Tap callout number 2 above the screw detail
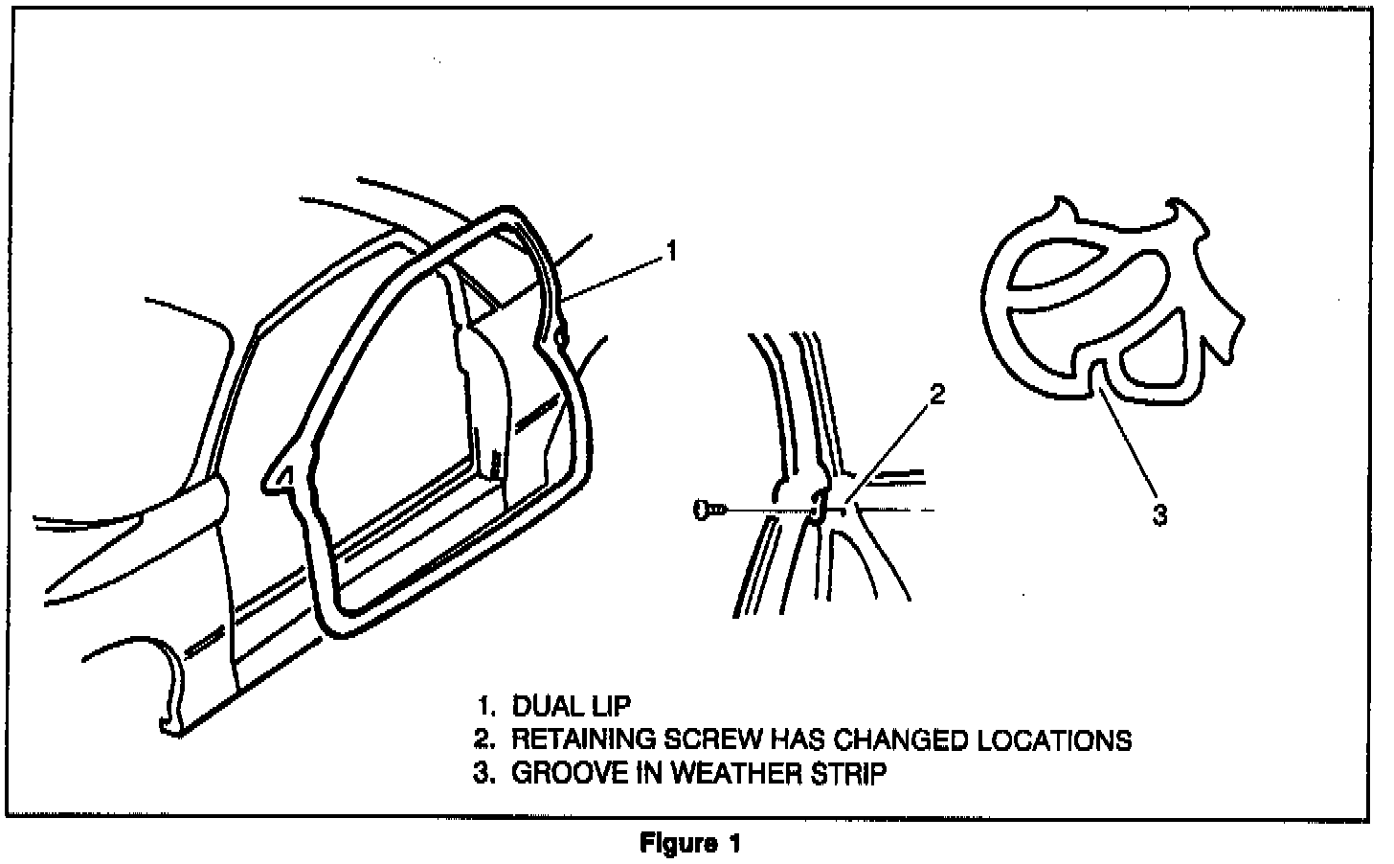937,394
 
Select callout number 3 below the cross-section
1159,514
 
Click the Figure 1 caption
690,844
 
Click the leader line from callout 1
613,276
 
